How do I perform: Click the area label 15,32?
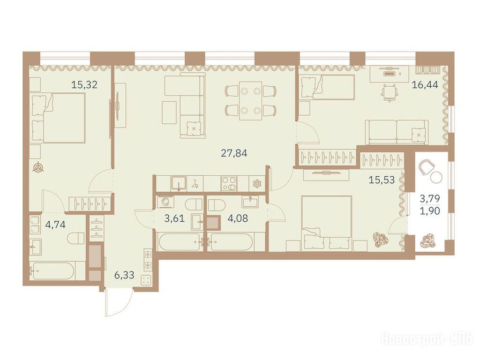coord(84,84)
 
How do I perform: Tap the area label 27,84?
coord(234,153)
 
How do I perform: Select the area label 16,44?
coord(425,84)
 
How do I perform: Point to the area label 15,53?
coord(382,180)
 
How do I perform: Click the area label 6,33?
coord(124,275)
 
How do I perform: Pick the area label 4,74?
coord(55,225)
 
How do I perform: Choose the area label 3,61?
coord(174,218)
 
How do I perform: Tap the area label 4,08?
coord(238,218)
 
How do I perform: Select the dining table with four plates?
coord(251,101)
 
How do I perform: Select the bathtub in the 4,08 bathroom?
coord(232,242)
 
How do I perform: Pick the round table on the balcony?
coord(436,178)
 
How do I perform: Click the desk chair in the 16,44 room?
coord(389,92)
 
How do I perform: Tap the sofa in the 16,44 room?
coord(397,132)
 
